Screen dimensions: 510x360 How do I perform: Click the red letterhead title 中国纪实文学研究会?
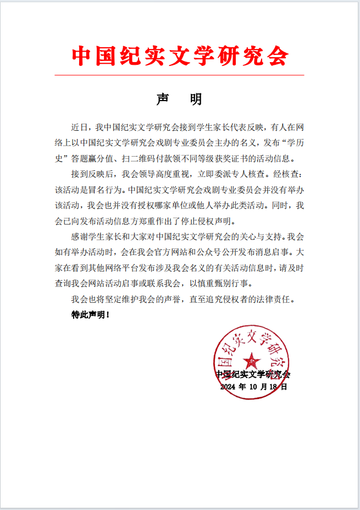(x=180, y=56)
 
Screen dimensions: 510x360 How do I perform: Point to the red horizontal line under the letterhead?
(x=180, y=75)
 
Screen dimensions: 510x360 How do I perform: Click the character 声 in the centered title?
(x=163, y=99)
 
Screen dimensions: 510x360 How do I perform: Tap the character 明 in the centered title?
(x=196, y=99)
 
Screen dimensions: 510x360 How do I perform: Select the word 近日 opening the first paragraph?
(x=79, y=128)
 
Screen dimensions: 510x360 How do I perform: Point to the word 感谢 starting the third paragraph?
(x=79, y=238)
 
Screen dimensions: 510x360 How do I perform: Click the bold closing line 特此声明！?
(x=91, y=315)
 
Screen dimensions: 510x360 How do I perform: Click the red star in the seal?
(x=252, y=361)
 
